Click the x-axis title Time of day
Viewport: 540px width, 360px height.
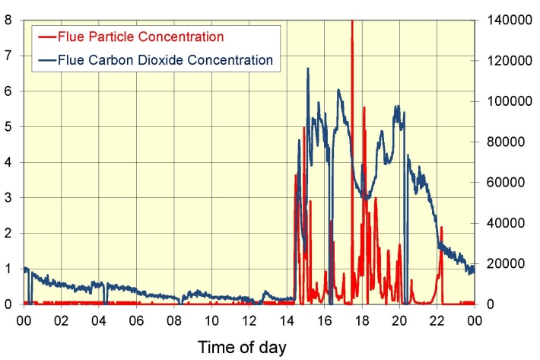[243, 348]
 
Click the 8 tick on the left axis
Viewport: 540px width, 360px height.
[8, 20]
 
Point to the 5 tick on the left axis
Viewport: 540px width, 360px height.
[8, 126]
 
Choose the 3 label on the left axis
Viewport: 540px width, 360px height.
[8, 198]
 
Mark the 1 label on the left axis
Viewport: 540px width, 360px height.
[8, 269]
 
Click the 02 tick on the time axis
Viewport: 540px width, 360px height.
[61, 319]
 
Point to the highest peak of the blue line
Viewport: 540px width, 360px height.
[308, 68]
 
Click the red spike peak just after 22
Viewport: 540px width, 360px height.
[441, 227]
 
